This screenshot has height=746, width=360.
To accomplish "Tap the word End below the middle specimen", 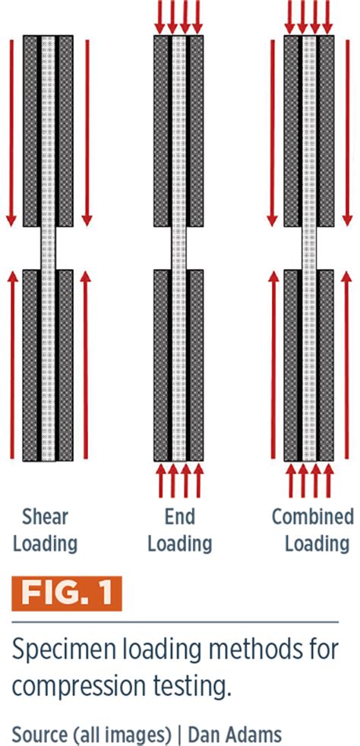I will (179, 517).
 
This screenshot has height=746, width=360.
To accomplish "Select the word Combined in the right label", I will (312, 517).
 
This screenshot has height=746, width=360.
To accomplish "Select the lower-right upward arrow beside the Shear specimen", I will (87, 365).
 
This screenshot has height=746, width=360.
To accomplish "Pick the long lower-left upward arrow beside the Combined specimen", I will (272, 365).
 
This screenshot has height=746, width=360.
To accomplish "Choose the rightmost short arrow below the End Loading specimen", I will (198, 481).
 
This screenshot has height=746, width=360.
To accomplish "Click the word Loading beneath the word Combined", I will (312, 544).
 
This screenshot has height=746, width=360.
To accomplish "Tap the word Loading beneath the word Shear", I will (46, 544).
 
